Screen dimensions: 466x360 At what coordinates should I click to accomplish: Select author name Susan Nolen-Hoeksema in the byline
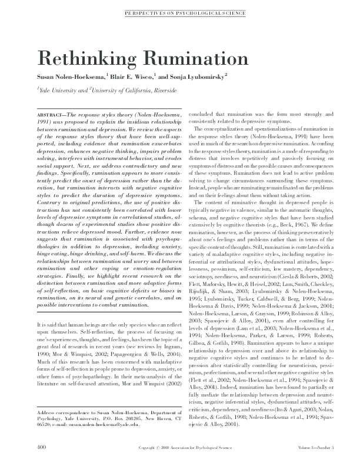pyautogui.click(x=71, y=76)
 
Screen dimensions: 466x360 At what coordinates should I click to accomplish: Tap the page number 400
pyautogui.click(x=41, y=448)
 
